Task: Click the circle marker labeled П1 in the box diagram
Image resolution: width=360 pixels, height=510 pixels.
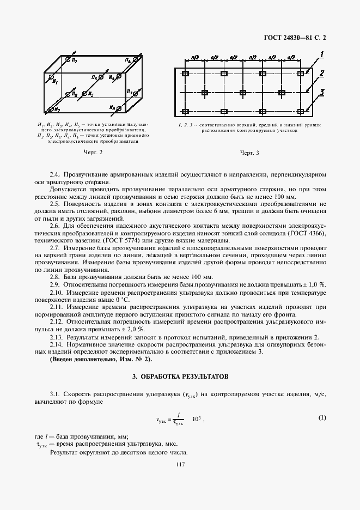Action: click(x=68, y=58)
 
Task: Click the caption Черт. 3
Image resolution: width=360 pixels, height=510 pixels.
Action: click(x=249, y=153)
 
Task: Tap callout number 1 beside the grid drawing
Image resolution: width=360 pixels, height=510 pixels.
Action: click(x=322, y=53)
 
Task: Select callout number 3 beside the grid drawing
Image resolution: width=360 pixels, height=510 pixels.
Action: click(x=322, y=92)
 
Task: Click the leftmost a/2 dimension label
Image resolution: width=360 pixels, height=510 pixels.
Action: click(x=195, y=57)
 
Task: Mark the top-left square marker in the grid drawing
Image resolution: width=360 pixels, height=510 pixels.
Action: click(x=186, y=74)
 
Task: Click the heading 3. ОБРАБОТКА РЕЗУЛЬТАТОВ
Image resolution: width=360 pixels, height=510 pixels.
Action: click(x=180, y=377)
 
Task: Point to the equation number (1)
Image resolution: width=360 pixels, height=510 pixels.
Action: click(x=322, y=418)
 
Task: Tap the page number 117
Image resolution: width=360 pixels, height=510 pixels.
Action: click(x=180, y=464)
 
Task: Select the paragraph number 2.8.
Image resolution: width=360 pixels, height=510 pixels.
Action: click(x=56, y=277)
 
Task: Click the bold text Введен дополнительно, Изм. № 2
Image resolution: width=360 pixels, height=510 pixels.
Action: click(x=101, y=360)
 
